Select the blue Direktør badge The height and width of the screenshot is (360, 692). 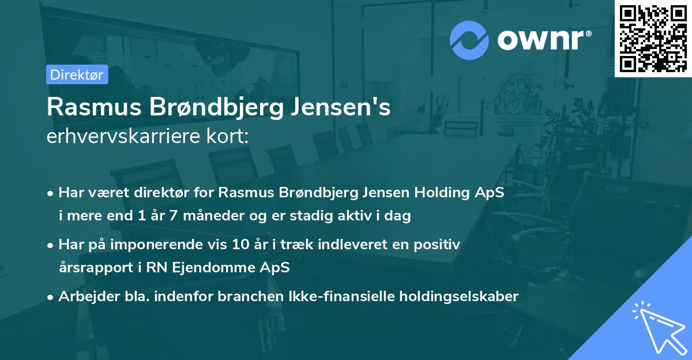coord(77,74)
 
